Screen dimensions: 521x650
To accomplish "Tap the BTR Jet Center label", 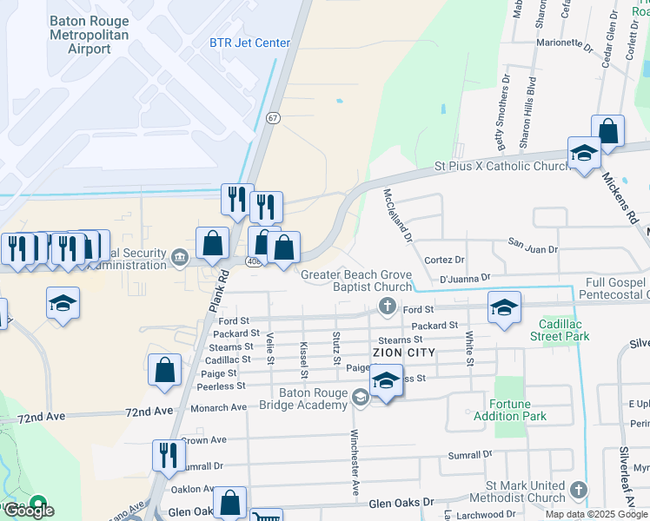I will click(x=249, y=43).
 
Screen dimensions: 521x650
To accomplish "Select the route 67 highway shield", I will click(x=273, y=117).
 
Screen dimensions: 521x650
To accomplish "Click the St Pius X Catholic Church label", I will click(x=502, y=166).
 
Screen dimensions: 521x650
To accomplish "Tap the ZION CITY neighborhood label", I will click(x=402, y=353).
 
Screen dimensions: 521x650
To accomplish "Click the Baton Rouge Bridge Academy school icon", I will click(x=360, y=399).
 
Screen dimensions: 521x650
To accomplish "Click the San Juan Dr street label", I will click(x=533, y=249).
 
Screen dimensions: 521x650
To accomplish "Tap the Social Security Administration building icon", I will click(x=180, y=256).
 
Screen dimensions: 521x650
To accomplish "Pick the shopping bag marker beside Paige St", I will click(x=164, y=370).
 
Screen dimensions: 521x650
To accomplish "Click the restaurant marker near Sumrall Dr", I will click(x=169, y=455).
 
